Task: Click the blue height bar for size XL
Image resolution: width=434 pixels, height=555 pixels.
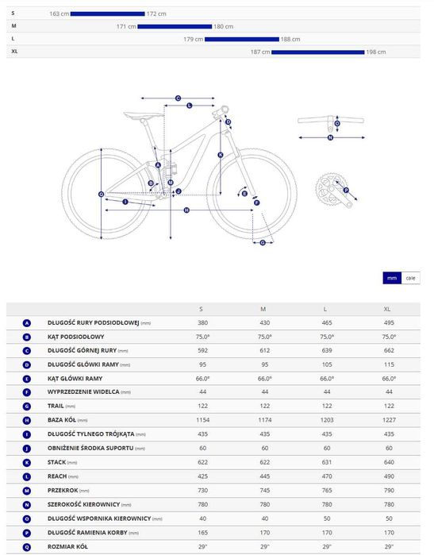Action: click(318, 52)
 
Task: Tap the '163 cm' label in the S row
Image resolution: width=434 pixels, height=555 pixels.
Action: click(59, 13)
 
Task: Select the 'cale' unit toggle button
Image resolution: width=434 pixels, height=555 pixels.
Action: click(411, 278)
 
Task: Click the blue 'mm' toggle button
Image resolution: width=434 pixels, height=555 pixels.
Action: click(392, 278)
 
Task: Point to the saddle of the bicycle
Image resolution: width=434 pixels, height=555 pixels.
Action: click(144, 115)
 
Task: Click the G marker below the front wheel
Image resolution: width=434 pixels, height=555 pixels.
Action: click(263, 243)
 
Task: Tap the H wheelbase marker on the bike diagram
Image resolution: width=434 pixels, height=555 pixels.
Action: click(186, 210)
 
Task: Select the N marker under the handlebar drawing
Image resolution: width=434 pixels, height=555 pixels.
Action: click(330, 137)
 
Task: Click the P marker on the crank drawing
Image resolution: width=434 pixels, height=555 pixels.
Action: click(346, 191)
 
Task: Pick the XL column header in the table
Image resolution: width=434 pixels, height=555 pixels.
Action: click(387, 309)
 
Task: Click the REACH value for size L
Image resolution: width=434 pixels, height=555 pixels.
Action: click(327, 476)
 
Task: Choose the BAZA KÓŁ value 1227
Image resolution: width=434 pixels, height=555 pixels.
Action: click(389, 420)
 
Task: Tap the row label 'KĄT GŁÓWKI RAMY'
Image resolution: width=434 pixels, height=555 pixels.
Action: click(75, 379)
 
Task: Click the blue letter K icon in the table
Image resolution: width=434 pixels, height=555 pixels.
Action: click(27, 463)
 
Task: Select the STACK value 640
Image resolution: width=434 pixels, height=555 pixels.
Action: click(389, 462)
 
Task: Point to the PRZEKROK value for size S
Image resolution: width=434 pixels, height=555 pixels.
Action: click(202, 490)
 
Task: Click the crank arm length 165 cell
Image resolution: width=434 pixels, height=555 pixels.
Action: click(202, 532)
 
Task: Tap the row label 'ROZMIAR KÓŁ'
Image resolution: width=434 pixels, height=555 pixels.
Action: click(67, 546)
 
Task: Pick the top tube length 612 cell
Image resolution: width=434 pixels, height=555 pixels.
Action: click(265, 350)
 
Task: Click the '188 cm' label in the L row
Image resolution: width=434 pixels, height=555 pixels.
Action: click(290, 39)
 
